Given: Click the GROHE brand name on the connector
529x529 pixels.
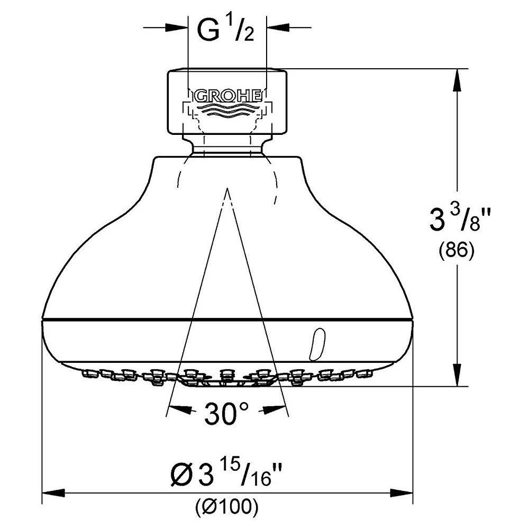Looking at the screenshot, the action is coord(227,96).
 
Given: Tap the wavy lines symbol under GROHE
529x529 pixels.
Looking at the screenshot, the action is coord(227,110).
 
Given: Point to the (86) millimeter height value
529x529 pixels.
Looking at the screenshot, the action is coord(456,250).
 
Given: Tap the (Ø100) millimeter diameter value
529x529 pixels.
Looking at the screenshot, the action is coord(227,506).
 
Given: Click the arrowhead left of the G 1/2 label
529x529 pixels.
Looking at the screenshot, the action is coord(177,28).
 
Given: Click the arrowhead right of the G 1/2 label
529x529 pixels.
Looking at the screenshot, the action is coord(278,28).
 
